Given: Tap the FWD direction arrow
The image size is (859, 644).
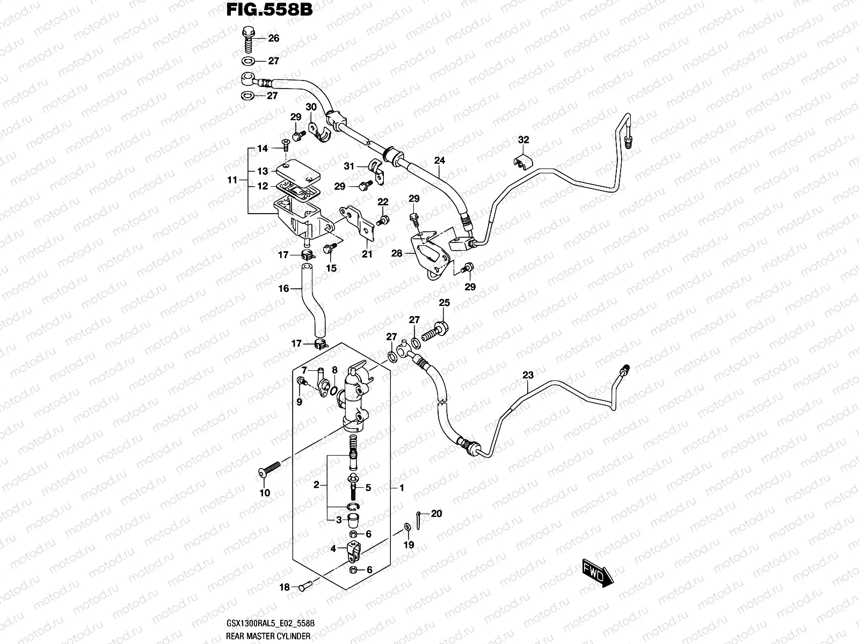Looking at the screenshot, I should [x=596, y=575].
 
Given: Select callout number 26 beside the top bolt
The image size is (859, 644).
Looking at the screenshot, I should [x=274, y=39].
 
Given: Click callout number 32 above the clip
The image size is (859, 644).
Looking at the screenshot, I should [x=523, y=140].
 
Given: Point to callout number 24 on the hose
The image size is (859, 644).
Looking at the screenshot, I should [x=440, y=160].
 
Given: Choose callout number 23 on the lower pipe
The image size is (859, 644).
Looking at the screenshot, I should [x=528, y=375].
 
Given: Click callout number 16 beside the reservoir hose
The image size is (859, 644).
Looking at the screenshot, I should [x=283, y=289].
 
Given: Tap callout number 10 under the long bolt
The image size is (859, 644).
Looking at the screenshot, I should [x=265, y=493].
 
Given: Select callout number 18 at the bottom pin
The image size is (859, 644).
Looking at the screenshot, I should [x=284, y=587].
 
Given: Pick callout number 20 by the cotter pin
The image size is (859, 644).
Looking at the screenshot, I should [x=436, y=514].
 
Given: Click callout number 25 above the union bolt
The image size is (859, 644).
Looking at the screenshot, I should [x=444, y=303].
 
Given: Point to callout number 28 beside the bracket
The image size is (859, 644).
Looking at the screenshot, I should [x=397, y=253].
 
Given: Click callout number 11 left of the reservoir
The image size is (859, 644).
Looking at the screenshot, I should [x=232, y=180].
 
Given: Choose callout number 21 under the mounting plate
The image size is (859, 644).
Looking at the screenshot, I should [x=367, y=254].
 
